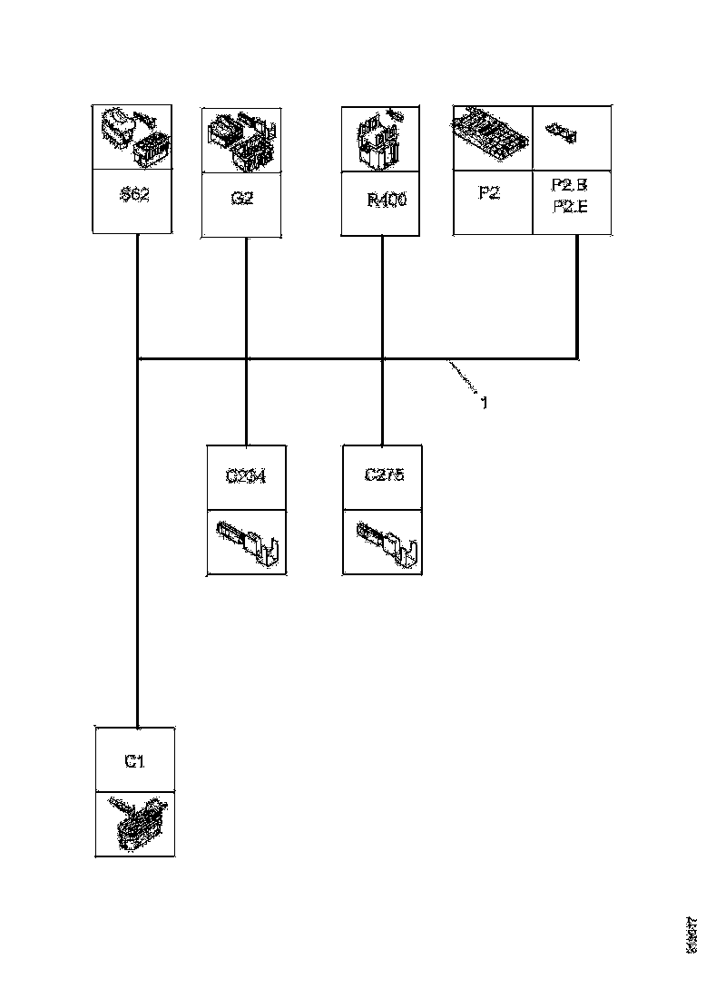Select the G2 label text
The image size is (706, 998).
(x=241, y=198)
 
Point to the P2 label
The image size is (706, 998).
(x=488, y=193)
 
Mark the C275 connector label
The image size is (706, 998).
(x=382, y=475)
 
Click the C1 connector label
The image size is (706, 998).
(x=134, y=760)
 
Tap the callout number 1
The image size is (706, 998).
(x=484, y=402)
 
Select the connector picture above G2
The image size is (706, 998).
(x=240, y=141)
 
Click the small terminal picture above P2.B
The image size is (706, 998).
(x=564, y=134)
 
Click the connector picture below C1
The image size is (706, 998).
(x=135, y=824)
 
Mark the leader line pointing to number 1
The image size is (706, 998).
(x=462, y=377)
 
